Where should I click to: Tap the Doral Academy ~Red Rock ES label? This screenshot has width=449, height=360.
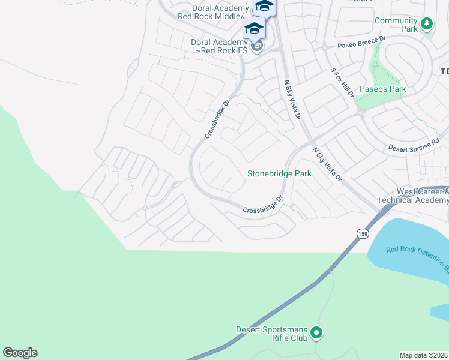219,46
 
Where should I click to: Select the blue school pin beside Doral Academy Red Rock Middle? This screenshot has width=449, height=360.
264,6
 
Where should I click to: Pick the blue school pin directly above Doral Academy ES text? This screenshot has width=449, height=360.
254,29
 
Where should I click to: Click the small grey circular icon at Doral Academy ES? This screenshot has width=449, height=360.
257,46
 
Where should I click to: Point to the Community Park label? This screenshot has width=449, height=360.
396,25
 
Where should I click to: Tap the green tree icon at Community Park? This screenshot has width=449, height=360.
426,24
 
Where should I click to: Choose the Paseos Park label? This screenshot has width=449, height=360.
382,89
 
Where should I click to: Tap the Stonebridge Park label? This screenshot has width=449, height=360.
279,173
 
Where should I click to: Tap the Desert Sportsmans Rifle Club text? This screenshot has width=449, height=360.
273,334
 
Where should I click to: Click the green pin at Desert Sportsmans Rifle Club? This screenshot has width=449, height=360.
317,332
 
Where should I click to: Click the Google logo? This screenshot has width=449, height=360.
20,353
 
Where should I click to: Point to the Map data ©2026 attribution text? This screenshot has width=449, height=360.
424,355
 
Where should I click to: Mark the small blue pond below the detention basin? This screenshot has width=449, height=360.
440,311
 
